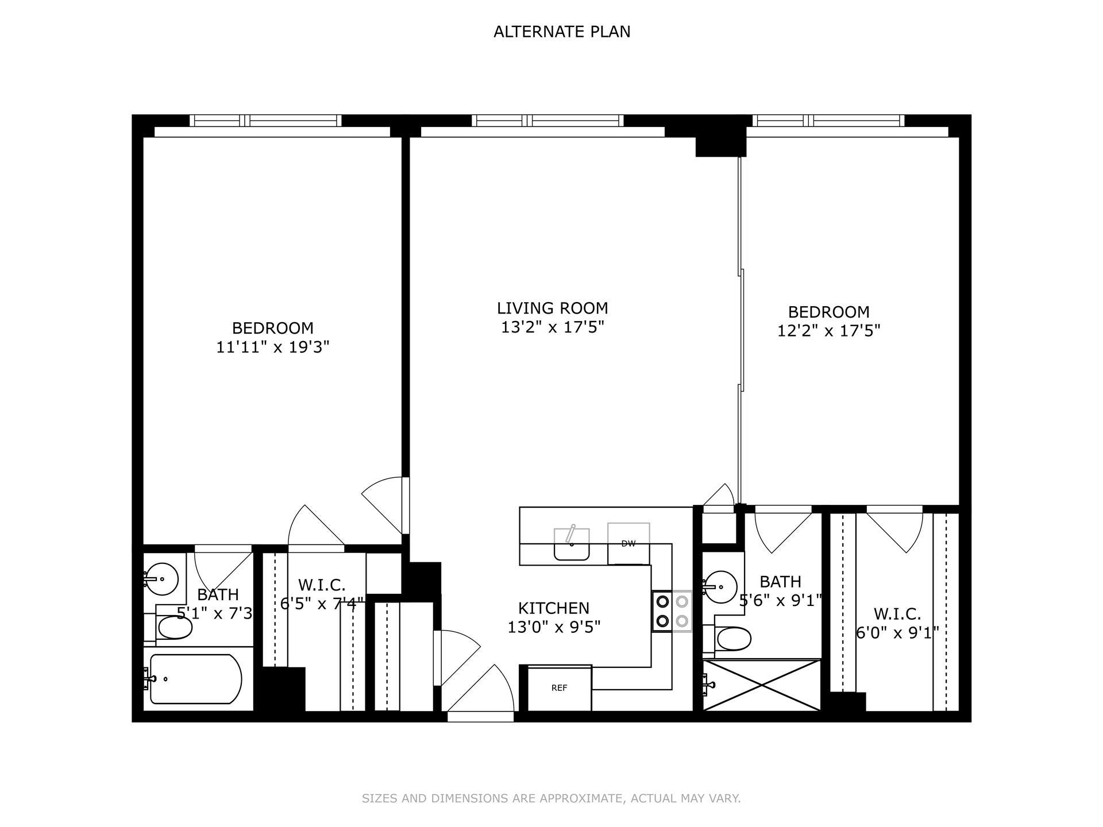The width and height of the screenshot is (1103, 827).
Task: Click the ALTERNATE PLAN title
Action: click(x=562, y=32)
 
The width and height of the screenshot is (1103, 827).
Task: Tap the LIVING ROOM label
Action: click(x=552, y=308)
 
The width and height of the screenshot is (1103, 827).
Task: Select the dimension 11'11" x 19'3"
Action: click(x=272, y=347)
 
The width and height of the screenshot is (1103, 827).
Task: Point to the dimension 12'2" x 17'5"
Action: click(x=828, y=331)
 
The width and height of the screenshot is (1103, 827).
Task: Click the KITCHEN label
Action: click(x=553, y=608)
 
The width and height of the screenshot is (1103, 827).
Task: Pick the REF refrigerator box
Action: click(x=559, y=688)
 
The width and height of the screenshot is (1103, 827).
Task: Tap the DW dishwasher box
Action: click(x=628, y=544)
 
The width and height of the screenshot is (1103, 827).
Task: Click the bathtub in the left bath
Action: click(x=195, y=679)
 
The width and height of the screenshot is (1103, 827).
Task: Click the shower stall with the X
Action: click(x=762, y=685)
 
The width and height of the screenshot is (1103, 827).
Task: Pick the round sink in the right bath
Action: click(x=720, y=587)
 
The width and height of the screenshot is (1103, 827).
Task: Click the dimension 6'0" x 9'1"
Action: click(x=897, y=633)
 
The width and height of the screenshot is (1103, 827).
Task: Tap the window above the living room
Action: click(x=547, y=121)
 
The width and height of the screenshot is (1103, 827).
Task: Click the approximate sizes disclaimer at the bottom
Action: click(x=551, y=798)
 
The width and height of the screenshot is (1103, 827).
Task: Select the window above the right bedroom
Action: click(x=828, y=121)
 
